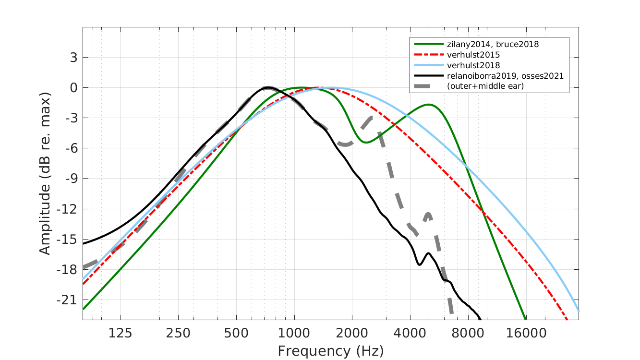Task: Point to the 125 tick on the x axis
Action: (x=120, y=333)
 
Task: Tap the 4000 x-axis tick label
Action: (x=410, y=333)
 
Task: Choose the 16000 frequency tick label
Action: (x=526, y=333)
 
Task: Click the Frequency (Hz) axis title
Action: (x=330, y=351)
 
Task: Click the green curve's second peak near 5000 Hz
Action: (x=428, y=105)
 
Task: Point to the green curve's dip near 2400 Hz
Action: (x=366, y=143)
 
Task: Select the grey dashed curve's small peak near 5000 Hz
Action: (x=427, y=213)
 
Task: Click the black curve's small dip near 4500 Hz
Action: (x=420, y=264)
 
